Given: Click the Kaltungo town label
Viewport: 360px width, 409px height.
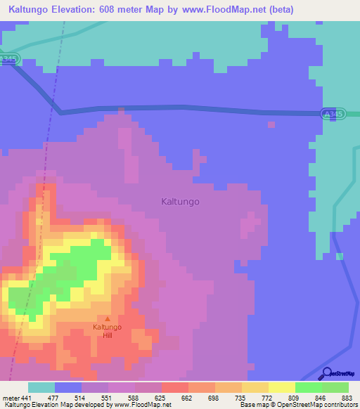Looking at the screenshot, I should [180, 202].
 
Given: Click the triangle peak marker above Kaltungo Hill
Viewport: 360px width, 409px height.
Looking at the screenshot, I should [108, 319].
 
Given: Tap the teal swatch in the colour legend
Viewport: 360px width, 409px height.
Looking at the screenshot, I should [41, 387].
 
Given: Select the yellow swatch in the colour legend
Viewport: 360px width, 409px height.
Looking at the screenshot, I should [282, 387].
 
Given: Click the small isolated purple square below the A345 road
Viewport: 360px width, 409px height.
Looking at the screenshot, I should [271, 124].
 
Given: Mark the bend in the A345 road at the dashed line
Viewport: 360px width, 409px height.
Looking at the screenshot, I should [60, 111].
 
